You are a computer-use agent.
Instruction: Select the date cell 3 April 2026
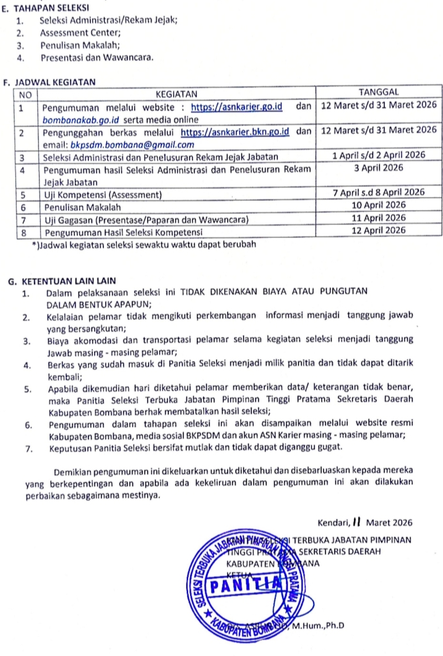click(379, 168)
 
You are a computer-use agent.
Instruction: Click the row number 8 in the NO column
click(24, 232)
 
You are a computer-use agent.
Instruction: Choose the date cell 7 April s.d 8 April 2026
click(379, 193)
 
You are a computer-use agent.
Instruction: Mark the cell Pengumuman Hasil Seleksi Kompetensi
click(124, 232)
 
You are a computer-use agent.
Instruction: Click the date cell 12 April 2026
click(379, 230)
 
